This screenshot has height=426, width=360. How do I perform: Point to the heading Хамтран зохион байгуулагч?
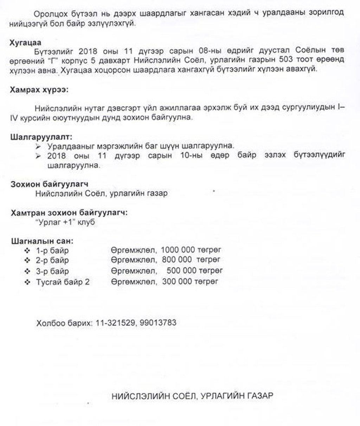click(69, 212)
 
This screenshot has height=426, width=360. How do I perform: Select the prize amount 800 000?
click(177, 260)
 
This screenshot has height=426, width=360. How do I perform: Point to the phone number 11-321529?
click(115, 322)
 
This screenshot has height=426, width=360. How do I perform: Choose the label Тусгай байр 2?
click(63, 282)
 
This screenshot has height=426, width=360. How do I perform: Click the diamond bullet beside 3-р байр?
click(27, 271)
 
